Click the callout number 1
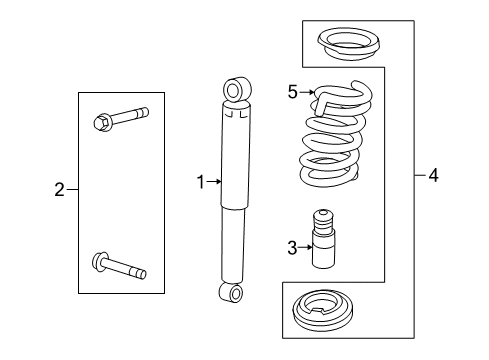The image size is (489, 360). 200,182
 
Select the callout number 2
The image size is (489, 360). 60,188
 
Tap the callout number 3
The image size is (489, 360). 292,247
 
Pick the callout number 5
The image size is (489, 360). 293,92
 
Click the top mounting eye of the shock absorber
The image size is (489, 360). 235,91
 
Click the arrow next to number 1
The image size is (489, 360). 213,182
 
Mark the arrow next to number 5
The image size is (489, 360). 306,92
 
